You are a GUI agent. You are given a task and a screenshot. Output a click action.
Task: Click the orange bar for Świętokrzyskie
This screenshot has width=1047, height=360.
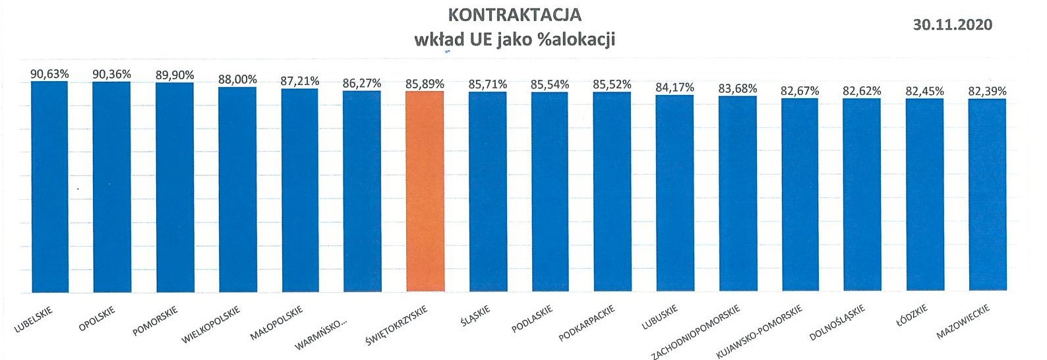(x=425, y=191)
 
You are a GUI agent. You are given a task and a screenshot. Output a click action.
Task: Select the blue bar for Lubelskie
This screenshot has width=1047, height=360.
(x=49, y=187)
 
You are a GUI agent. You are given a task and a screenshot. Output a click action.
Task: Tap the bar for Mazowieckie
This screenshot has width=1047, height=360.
(x=987, y=195)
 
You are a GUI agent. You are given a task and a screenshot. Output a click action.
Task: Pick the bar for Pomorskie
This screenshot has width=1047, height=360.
(x=175, y=187)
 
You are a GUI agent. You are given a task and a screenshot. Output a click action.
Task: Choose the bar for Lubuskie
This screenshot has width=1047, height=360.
(x=674, y=193)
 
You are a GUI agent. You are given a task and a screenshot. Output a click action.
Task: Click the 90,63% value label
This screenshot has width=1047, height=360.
(x=49, y=74)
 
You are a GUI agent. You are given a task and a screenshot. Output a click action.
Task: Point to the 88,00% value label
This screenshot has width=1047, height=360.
(x=237, y=79)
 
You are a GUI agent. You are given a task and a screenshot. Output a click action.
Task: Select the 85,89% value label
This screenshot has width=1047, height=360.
(x=425, y=84)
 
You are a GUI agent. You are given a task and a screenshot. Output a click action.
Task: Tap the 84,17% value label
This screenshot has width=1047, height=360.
(x=674, y=87)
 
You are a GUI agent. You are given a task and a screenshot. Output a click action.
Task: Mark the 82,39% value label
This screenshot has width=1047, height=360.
(x=987, y=91)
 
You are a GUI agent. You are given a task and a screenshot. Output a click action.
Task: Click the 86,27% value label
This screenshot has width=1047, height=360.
(x=362, y=84)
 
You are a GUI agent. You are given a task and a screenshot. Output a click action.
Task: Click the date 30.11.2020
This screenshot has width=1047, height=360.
(x=952, y=24)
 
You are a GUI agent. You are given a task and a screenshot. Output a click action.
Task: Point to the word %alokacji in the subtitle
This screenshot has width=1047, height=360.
(x=577, y=39)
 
